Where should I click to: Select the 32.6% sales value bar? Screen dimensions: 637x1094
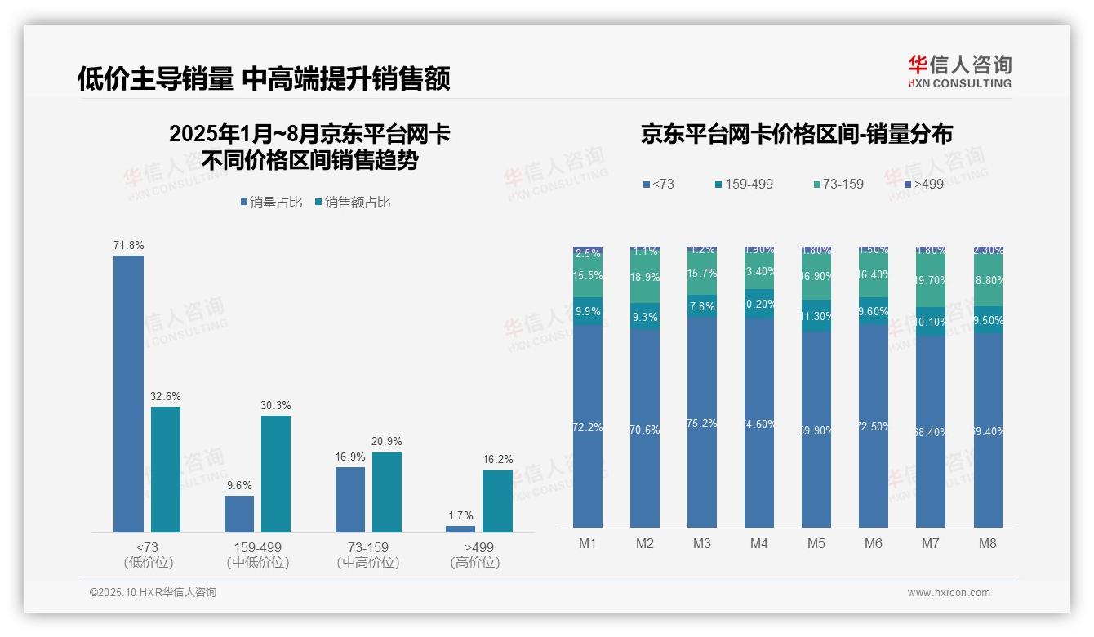(166, 470)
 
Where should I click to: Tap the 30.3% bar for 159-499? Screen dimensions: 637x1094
(276, 474)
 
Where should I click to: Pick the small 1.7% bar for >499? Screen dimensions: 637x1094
(460, 529)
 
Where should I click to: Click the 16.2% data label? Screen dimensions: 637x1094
(497, 460)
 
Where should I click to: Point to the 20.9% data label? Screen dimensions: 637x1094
(387, 442)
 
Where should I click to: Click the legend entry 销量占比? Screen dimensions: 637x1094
(274, 203)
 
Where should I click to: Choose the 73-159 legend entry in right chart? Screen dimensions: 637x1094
(838, 185)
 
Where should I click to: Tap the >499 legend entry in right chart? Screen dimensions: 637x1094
(923, 185)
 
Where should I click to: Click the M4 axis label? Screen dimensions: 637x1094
(759, 544)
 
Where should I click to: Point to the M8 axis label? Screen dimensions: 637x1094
(988, 544)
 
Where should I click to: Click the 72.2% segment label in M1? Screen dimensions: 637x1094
(588, 427)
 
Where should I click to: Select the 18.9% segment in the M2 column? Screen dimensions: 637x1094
(645, 278)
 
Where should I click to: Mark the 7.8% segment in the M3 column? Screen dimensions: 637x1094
(702, 306)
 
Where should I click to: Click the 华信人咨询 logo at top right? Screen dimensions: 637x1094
(959, 71)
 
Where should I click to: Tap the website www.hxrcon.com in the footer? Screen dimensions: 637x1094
(949, 593)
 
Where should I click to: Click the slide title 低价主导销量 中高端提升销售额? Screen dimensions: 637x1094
(264, 78)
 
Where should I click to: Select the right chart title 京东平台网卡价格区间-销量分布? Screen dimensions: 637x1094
(796, 134)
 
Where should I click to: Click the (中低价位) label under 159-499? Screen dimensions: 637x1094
(258, 563)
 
